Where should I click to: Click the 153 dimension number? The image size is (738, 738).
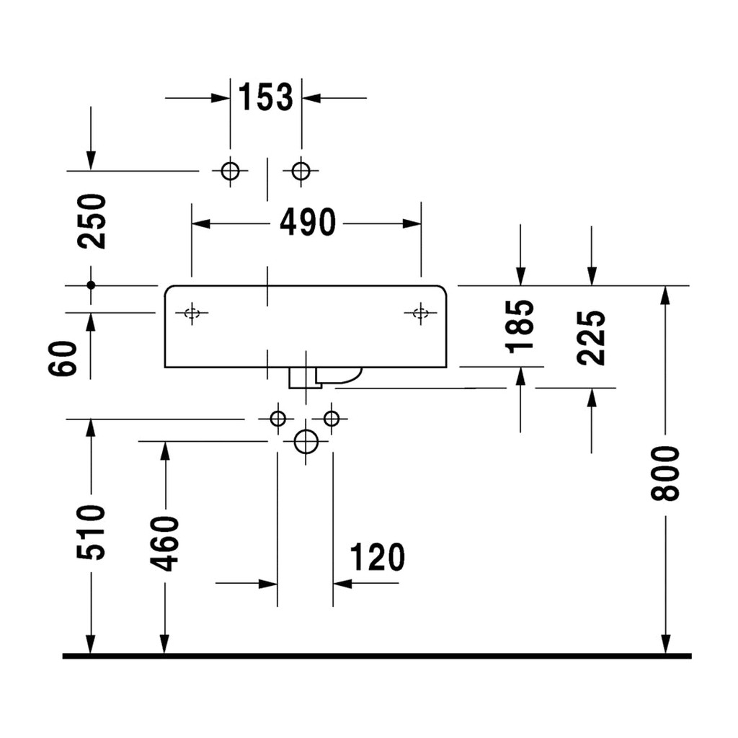[x=265, y=97]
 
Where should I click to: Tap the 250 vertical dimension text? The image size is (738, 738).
[x=92, y=221]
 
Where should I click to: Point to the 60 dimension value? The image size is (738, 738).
[x=63, y=358]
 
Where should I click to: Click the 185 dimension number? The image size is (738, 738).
[x=520, y=326]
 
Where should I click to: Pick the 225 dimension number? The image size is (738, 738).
[x=591, y=337]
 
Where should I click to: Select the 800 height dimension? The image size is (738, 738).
[x=665, y=474]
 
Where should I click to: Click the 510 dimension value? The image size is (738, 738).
[x=92, y=533]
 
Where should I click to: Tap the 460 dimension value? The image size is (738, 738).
[x=165, y=543]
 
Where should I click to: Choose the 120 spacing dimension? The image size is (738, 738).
[x=377, y=557]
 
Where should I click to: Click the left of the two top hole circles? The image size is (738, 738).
[x=230, y=171]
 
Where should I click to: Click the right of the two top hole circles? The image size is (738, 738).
[x=301, y=171]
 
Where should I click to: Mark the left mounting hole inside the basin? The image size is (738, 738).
[x=192, y=313]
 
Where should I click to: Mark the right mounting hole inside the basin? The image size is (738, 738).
[x=420, y=313]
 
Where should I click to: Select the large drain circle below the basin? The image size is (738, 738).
[x=306, y=442]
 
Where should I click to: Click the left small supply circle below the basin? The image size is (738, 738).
[x=277, y=418]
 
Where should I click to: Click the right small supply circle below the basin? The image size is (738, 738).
[x=332, y=418]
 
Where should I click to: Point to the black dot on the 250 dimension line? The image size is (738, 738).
[x=92, y=285]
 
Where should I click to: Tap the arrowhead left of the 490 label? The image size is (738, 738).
[x=201, y=223]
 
